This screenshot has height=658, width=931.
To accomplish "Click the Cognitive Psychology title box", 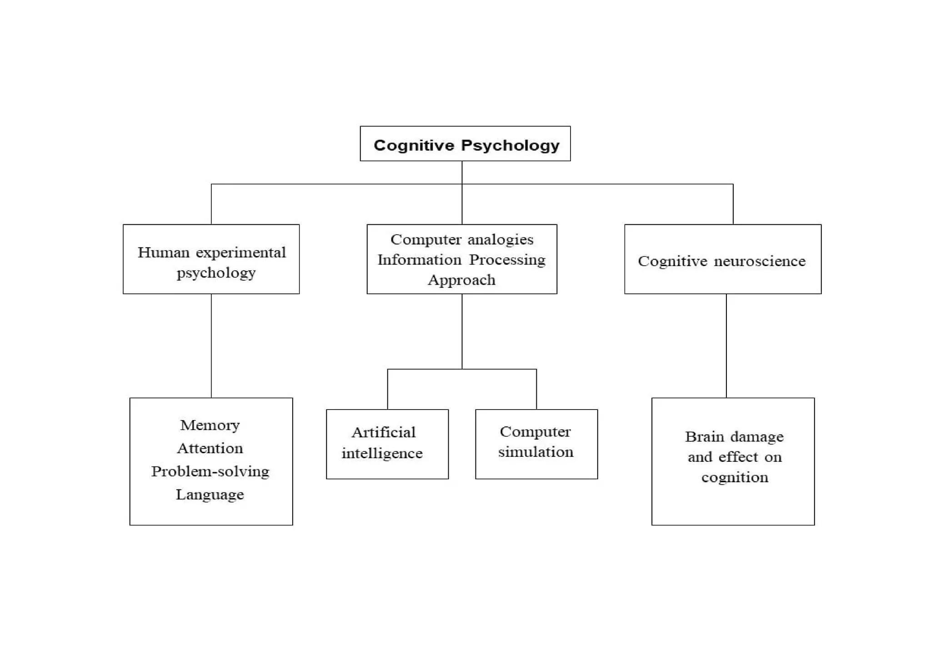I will [x=465, y=143].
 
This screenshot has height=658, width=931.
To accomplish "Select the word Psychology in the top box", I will [x=510, y=145].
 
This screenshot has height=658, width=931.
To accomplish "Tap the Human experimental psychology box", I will [x=211, y=259].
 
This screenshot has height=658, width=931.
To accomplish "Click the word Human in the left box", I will [x=163, y=252].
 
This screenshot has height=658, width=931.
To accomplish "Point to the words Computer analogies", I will [x=462, y=239].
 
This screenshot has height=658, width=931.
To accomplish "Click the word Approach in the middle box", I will [x=461, y=280].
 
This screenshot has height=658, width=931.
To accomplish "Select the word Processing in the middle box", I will [x=507, y=260].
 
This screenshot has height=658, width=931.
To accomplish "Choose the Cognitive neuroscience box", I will [x=722, y=259].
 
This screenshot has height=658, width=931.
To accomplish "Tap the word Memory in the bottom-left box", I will [x=210, y=425].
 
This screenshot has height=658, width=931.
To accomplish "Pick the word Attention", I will [x=210, y=448].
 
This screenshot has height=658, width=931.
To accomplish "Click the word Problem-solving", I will [x=210, y=471].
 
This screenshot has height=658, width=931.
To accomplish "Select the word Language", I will [x=210, y=495].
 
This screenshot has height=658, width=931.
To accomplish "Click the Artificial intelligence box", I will [x=387, y=444].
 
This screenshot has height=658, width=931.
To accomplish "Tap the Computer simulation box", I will [x=536, y=444].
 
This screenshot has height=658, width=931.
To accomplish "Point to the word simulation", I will [x=536, y=452].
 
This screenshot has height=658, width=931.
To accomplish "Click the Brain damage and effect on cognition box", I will [x=733, y=461].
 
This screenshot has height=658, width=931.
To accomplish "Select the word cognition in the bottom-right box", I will [x=735, y=477].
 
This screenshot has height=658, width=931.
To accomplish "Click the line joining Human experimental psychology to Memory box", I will [x=211, y=346].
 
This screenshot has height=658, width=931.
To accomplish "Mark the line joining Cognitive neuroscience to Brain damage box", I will [x=726, y=346].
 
